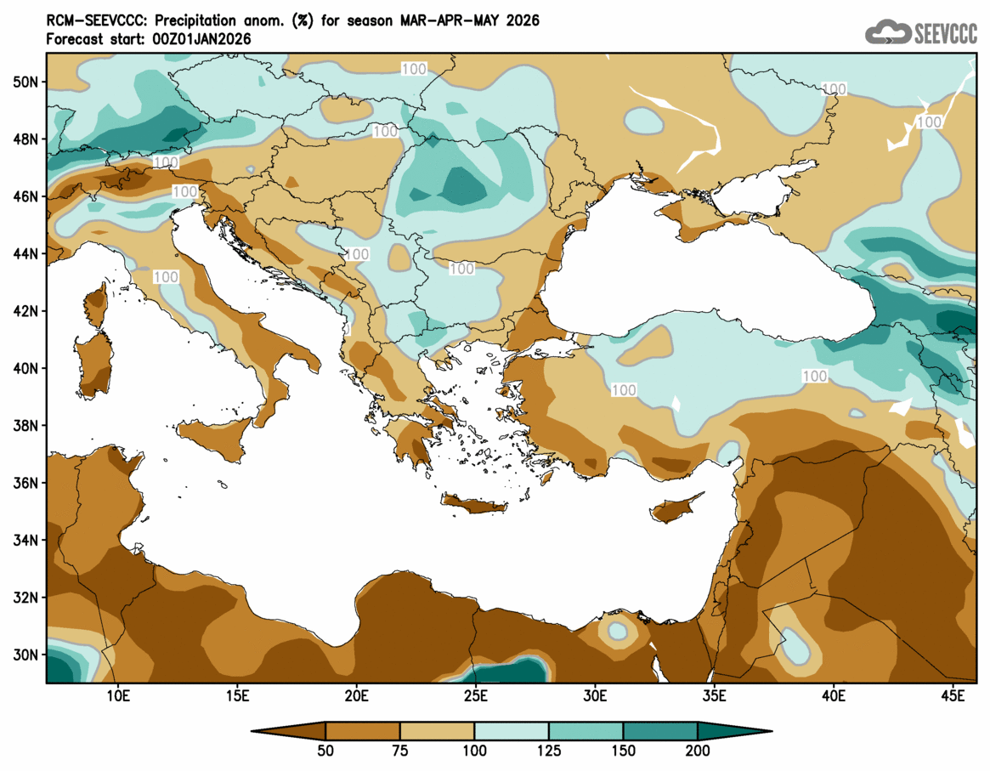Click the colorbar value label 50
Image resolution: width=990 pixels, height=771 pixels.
[325, 751]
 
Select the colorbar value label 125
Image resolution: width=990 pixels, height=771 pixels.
[549, 751]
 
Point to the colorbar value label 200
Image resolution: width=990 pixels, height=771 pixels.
[698, 751]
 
